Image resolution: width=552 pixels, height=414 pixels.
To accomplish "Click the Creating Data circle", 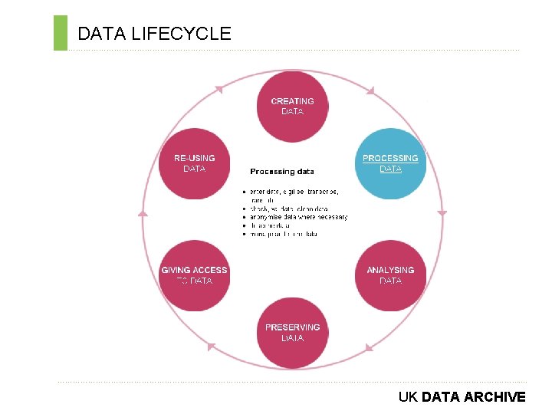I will click(x=292, y=106).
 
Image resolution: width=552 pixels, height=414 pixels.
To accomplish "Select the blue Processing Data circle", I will click(x=390, y=163).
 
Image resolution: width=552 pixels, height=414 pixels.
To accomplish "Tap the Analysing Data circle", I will click(x=390, y=275).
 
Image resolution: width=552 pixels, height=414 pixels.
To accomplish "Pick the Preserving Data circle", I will click(x=292, y=333).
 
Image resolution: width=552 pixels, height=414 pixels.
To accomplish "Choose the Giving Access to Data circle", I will click(x=194, y=275).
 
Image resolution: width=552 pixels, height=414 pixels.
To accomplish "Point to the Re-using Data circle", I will click(x=194, y=163).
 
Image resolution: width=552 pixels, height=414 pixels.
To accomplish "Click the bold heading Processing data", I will click(x=281, y=171).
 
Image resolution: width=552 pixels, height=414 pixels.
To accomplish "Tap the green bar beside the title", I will click(x=61, y=33).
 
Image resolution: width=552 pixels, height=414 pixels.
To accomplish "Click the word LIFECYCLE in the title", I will click(x=181, y=34).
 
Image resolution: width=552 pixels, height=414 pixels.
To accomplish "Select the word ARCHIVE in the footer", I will click(x=495, y=397).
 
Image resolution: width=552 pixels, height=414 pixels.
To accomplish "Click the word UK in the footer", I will click(x=407, y=397).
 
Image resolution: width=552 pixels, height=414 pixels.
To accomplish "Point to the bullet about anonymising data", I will click(x=298, y=217).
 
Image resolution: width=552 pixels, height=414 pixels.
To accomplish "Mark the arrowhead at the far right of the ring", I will click(x=442, y=213).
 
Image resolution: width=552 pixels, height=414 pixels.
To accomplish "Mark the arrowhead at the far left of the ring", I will click(x=143, y=213).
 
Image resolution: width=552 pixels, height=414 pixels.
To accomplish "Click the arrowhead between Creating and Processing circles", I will click(x=370, y=91).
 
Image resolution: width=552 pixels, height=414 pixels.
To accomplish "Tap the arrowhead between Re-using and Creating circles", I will click(x=218, y=90).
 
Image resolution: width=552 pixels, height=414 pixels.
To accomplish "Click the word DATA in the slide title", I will click(x=102, y=34).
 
